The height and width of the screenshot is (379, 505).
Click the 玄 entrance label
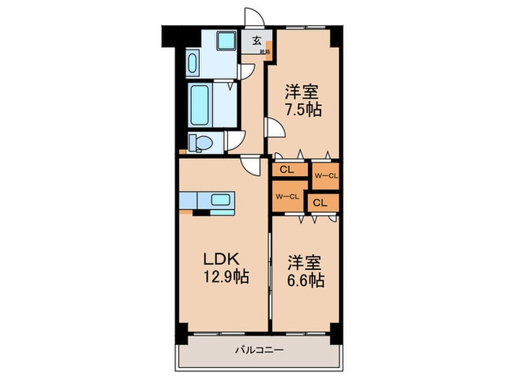(x=257, y=41)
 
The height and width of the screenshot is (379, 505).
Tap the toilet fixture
(x=199, y=142)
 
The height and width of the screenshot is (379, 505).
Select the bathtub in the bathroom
(x=199, y=104)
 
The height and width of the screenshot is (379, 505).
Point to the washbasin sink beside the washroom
(x=193, y=62)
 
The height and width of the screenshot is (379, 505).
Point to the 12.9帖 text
(x=218, y=277)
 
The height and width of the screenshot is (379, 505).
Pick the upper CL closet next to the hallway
(x=287, y=170)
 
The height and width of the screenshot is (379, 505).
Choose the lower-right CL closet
(x=320, y=203)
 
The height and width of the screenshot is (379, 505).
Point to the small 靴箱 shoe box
(x=265, y=52)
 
